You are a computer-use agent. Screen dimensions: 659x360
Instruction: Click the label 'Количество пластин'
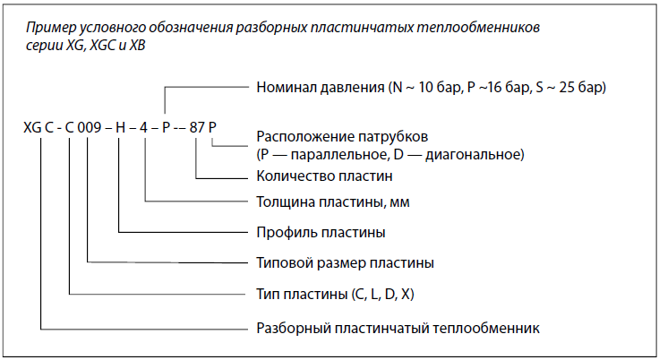pos(324,176)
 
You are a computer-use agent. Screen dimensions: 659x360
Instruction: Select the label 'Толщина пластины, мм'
pos(333,202)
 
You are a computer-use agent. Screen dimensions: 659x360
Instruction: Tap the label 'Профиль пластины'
pos(321,233)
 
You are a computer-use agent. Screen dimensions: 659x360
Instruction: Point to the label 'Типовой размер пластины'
pos(345,263)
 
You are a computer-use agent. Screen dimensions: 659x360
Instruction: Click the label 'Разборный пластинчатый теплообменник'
pos(398,328)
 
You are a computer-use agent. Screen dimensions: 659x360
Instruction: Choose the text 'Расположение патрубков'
pos(342,137)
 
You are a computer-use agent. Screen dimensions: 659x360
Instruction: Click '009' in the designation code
pos(90,127)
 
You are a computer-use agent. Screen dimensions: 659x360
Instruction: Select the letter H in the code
pos(120,127)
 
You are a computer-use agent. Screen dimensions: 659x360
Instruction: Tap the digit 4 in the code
pos(144,127)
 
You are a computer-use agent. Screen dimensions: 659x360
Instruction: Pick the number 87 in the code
pos(197,127)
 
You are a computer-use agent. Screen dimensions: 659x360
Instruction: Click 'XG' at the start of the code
pos(32,127)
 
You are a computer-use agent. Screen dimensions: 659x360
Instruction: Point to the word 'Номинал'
pos(287,88)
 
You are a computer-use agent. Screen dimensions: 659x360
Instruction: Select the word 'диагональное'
pos(475,155)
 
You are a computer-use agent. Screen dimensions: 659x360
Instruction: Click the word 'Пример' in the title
pos(50,28)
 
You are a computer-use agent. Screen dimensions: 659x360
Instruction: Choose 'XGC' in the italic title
pos(103,45)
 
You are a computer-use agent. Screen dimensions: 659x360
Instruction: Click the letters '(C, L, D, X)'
pos(382,294)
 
